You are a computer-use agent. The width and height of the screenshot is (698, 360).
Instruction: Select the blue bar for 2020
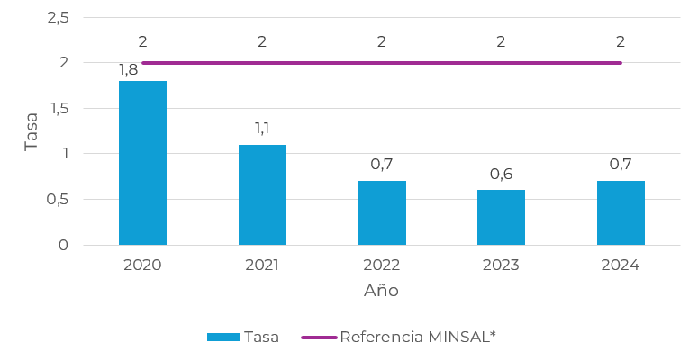point(142,163)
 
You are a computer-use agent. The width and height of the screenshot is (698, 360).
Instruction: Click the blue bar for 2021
point(262,195)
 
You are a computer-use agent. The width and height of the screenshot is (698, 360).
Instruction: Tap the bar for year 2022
point(382,213)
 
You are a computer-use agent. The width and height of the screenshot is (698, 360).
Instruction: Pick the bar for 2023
point(502,218)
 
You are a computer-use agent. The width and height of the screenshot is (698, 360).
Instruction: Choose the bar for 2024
point(621,213)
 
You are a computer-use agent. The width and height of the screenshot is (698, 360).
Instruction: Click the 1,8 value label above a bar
point(128,70)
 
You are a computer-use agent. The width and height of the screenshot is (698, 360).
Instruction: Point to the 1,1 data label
point(262,128)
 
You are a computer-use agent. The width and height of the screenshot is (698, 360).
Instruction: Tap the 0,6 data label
point(502,174)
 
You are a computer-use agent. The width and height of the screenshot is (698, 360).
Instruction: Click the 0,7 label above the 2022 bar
point(382,164)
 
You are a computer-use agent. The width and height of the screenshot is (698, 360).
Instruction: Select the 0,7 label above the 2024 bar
point(621,164)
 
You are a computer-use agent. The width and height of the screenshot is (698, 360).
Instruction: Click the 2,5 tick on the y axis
point(59,18)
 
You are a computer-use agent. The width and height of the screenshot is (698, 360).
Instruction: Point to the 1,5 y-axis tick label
point(59,108)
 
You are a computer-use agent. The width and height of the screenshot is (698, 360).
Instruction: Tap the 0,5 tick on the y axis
point(58,199)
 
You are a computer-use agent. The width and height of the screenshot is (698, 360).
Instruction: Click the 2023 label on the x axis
point(501,265)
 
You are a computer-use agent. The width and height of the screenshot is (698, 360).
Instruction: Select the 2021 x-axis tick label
point(262,265)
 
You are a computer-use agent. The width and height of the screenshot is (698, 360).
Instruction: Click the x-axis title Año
point(381,290)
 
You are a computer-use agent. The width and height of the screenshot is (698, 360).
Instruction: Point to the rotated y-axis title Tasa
point(32,131)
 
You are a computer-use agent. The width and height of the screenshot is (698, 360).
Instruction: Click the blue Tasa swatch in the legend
point(223,337)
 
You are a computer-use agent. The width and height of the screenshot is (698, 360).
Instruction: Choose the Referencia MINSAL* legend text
point(418,337)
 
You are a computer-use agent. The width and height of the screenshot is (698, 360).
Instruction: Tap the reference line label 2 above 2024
point(621,41)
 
